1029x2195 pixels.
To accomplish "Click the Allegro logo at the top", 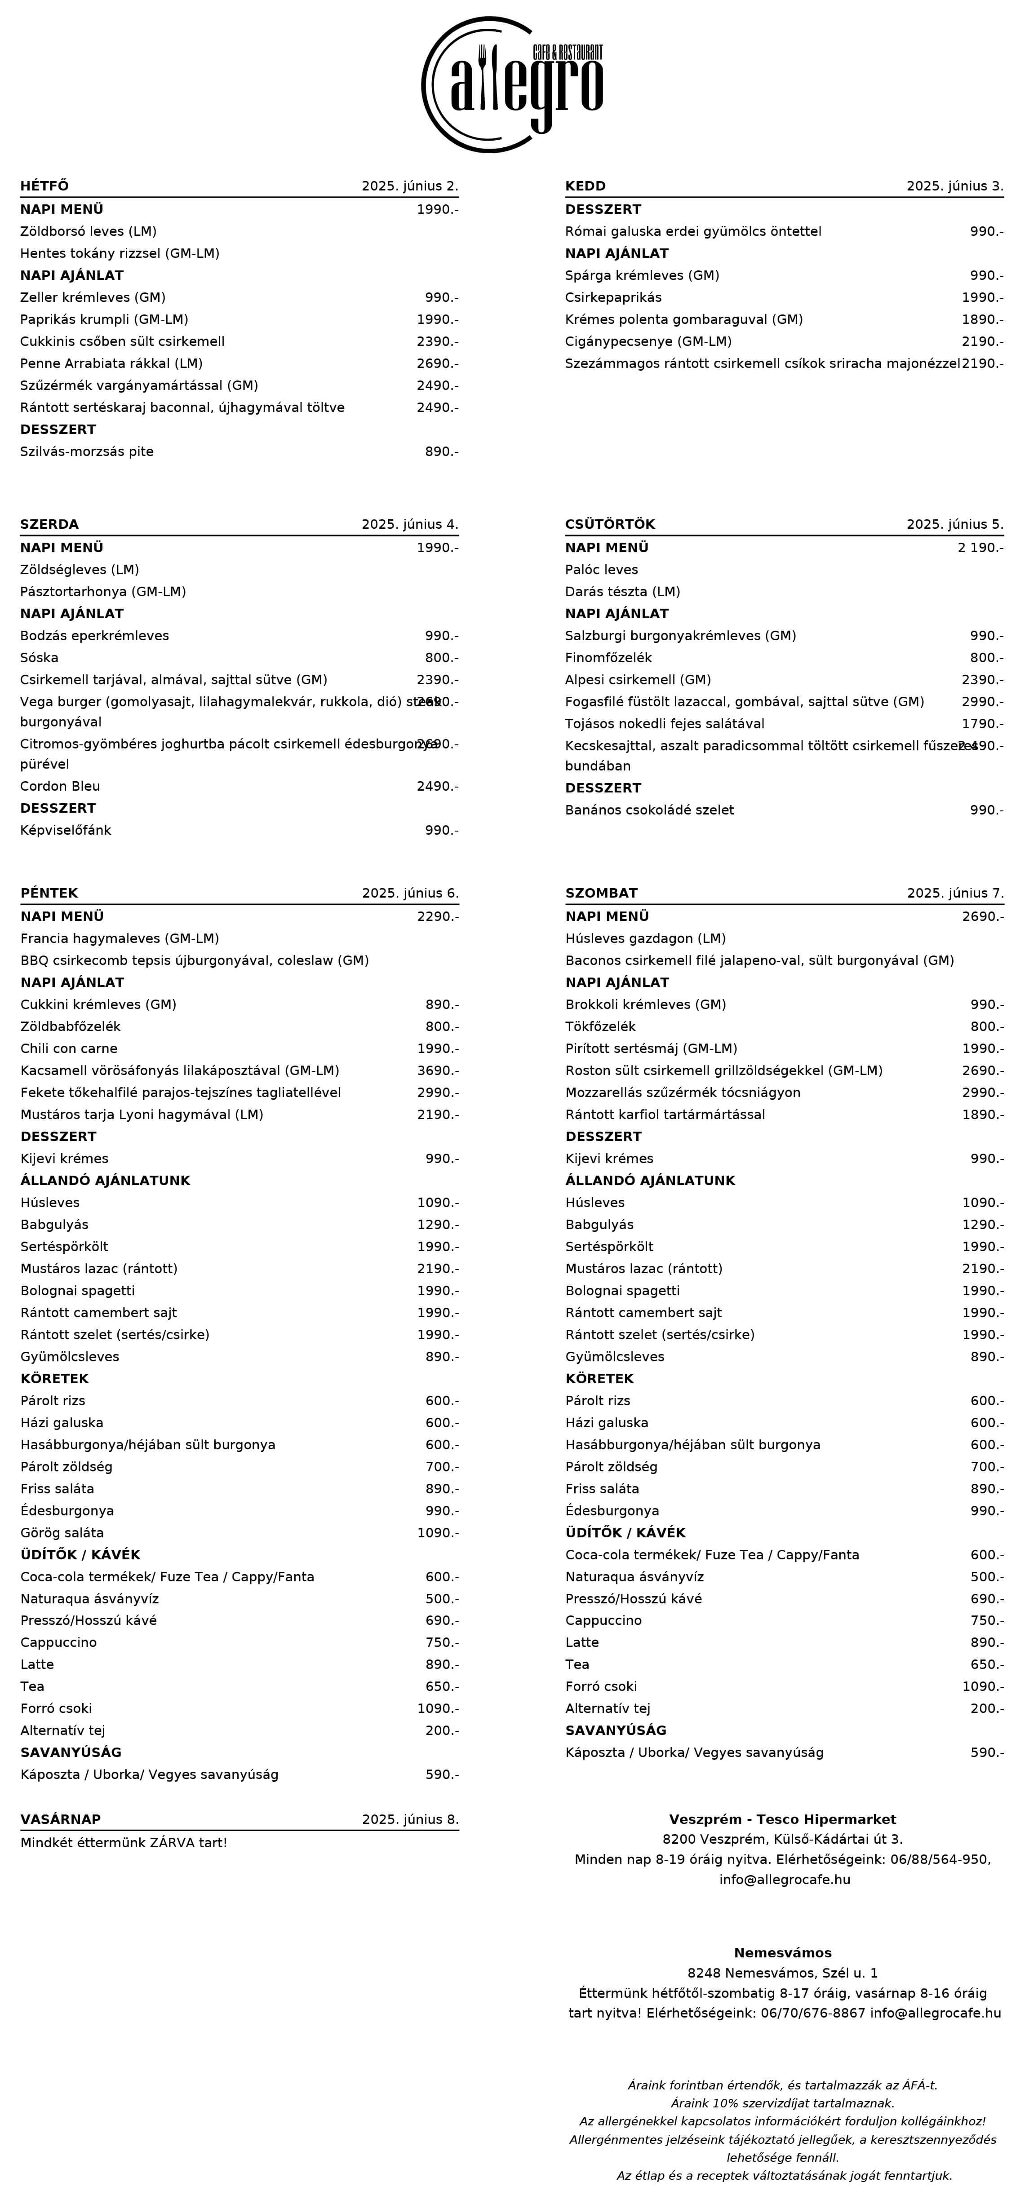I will [x=513, y=84].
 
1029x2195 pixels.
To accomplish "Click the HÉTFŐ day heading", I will [x=44, y=186].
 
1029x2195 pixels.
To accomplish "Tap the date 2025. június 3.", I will [x=954, y=186].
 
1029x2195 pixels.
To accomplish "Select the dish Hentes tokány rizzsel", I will [x=120, y=253].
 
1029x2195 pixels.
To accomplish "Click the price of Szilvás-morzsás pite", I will [x=441, y=451].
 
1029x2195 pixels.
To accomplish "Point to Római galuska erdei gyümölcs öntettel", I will [x=692, y=231].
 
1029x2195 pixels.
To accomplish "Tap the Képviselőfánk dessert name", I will [x=66, y=830].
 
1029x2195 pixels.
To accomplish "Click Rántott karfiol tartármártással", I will [x=665, y=1115].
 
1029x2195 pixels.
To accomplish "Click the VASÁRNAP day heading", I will [x=61, y=1819].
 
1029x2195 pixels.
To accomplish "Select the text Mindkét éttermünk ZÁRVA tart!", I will [x=124, y=1842].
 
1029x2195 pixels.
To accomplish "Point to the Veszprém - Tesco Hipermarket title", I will [x=782, y=1819].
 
